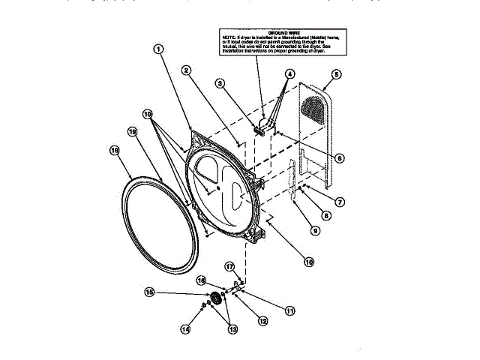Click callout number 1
point(158,49)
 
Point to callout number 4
point(289,74)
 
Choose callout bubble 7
point(340,202)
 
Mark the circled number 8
point(328,215)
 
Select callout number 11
point(290,308)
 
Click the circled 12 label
point(262,320)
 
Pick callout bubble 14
point(185,328)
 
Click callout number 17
point(230,265)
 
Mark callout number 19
point(132,132)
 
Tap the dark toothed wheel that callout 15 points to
point(217,298)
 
